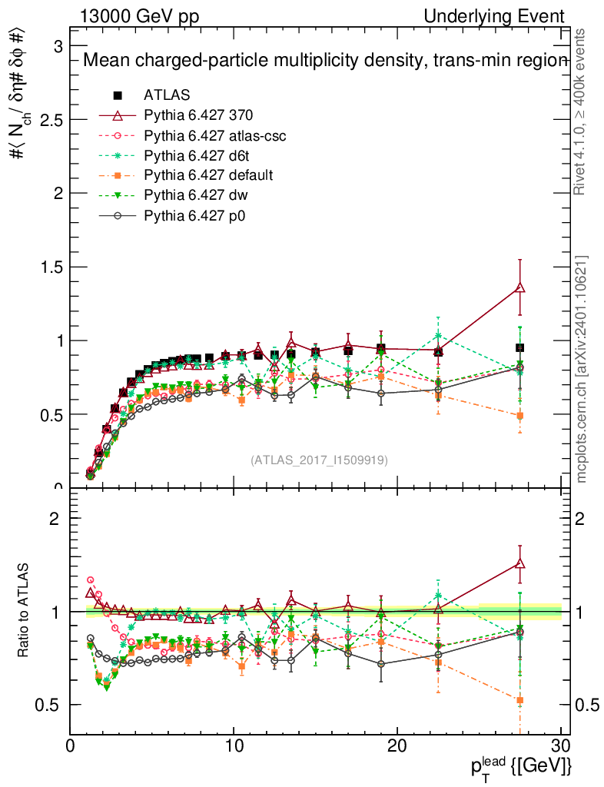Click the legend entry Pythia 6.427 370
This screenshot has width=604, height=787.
point(198,115)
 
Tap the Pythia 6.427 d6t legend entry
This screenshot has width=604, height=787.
point(198,155)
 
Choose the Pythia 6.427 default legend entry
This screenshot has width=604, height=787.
point(208,175)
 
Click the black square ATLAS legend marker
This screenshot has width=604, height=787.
point(118,95)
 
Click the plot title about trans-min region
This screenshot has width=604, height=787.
point(324,61)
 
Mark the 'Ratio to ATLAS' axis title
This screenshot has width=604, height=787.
point(23,611)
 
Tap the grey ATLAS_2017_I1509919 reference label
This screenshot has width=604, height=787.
point(319,460)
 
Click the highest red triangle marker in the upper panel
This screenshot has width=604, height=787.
point(520,287)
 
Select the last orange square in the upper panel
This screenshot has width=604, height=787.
point(520,416)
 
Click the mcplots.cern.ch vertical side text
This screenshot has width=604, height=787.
point(582,369)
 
